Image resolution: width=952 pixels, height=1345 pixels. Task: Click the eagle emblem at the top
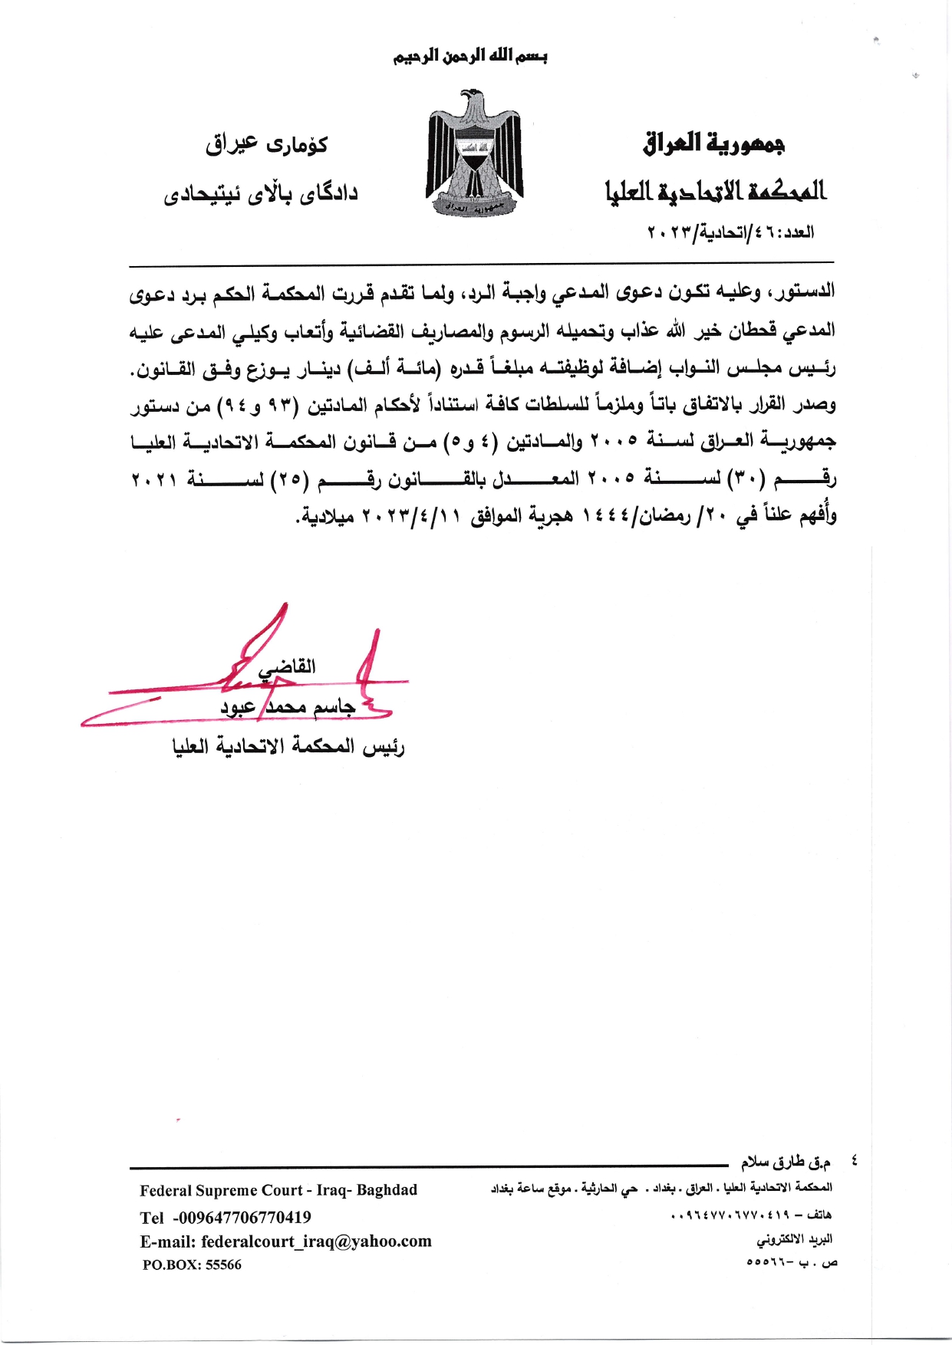475,154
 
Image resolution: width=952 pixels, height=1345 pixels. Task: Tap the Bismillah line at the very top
470,57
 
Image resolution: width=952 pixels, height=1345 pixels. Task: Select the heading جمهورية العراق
713,143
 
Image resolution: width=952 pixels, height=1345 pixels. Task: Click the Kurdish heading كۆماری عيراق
266,144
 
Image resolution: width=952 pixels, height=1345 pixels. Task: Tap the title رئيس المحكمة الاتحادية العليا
288,746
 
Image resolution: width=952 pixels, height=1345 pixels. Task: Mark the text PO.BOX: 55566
192,1265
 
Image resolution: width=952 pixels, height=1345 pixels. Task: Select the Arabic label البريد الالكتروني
795,1239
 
